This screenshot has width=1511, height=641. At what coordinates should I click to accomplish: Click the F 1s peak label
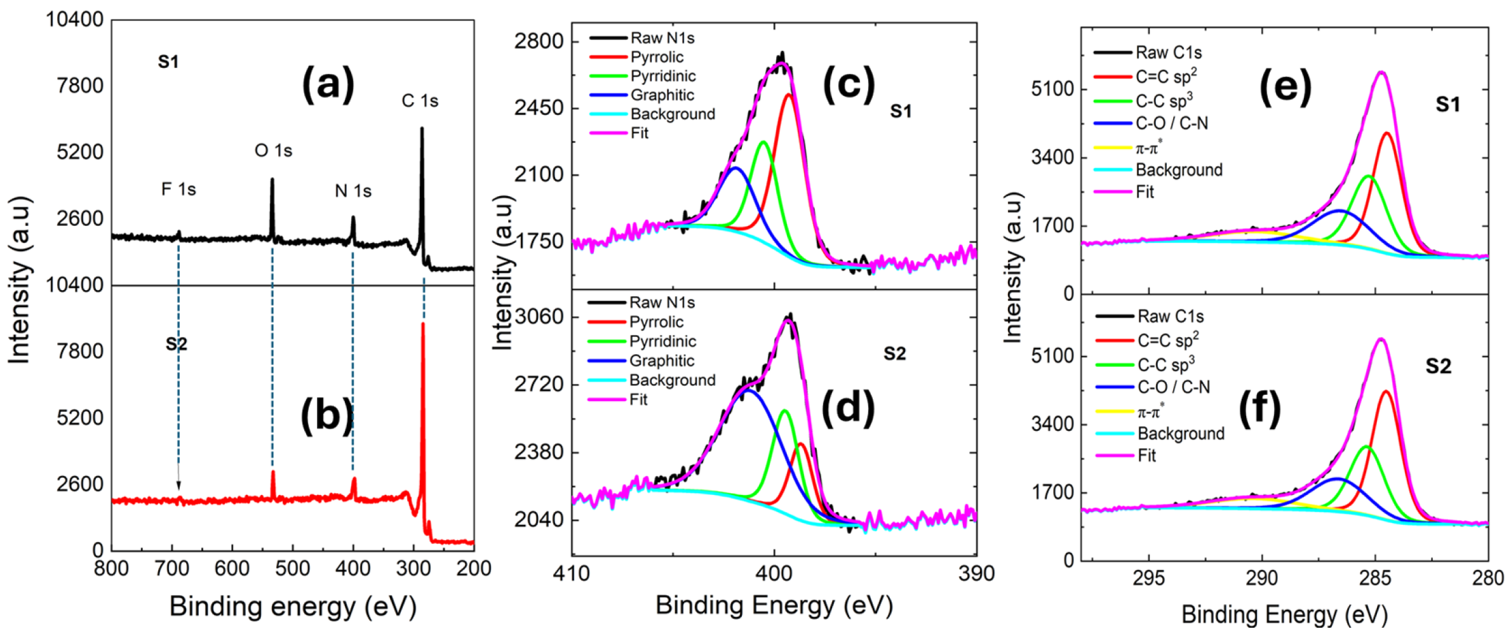pyautogui.click(x=178, y=189)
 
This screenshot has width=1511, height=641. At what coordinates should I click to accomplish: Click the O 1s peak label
pyautogui.click(x=273, y=150)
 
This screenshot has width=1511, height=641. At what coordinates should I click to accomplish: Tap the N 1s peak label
pyautogui.click(x=353, y=190)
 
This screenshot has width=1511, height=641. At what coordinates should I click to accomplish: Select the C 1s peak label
pyautogui.click(x=420, y=100)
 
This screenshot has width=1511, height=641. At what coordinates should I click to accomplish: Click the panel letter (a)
pyautogui.click(x=328, y=84)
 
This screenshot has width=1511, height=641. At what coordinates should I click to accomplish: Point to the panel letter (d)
pyautogui.click(x=848, y=408)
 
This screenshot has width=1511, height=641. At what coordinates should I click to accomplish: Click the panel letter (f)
pyautogui.click(x=1259, y=409)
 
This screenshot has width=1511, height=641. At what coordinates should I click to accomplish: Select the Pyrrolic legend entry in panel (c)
pyautogui.click(x=657, y=57)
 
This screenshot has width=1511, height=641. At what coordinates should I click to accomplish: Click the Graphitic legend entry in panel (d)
pyautogui.click(x=661, y=360)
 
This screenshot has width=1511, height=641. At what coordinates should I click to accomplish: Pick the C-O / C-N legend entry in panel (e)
pyautogui.click(x=1171, y=123)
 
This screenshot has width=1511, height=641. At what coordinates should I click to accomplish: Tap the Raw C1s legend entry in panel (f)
pyautogui.click(x=1170, y=316)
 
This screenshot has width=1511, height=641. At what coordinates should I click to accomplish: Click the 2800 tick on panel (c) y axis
pyautogui.click(x=539, y=41)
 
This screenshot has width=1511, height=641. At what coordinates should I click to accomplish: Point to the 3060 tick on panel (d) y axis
pyautogui.click(x=539, y=316)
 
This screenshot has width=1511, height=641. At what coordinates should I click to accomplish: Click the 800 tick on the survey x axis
pyautogui.click(x=111, y=568)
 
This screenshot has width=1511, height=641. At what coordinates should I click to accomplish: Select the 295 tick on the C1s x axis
pyautogui.click(x=1148, y=578)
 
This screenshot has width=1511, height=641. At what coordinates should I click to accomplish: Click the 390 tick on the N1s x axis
pyautogui.click(x=976, y=573)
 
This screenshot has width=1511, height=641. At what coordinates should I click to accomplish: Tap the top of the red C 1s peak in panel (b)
pyautogui.click(x=423, y=324)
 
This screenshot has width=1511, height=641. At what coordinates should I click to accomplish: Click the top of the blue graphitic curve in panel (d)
pyautogui.click(x=749, y=390)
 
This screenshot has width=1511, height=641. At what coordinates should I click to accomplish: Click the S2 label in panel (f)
pyautogui.click(x=1438, y=366)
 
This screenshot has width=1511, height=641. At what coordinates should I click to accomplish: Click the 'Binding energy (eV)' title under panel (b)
pyautogui.click(x=293, y=606)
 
